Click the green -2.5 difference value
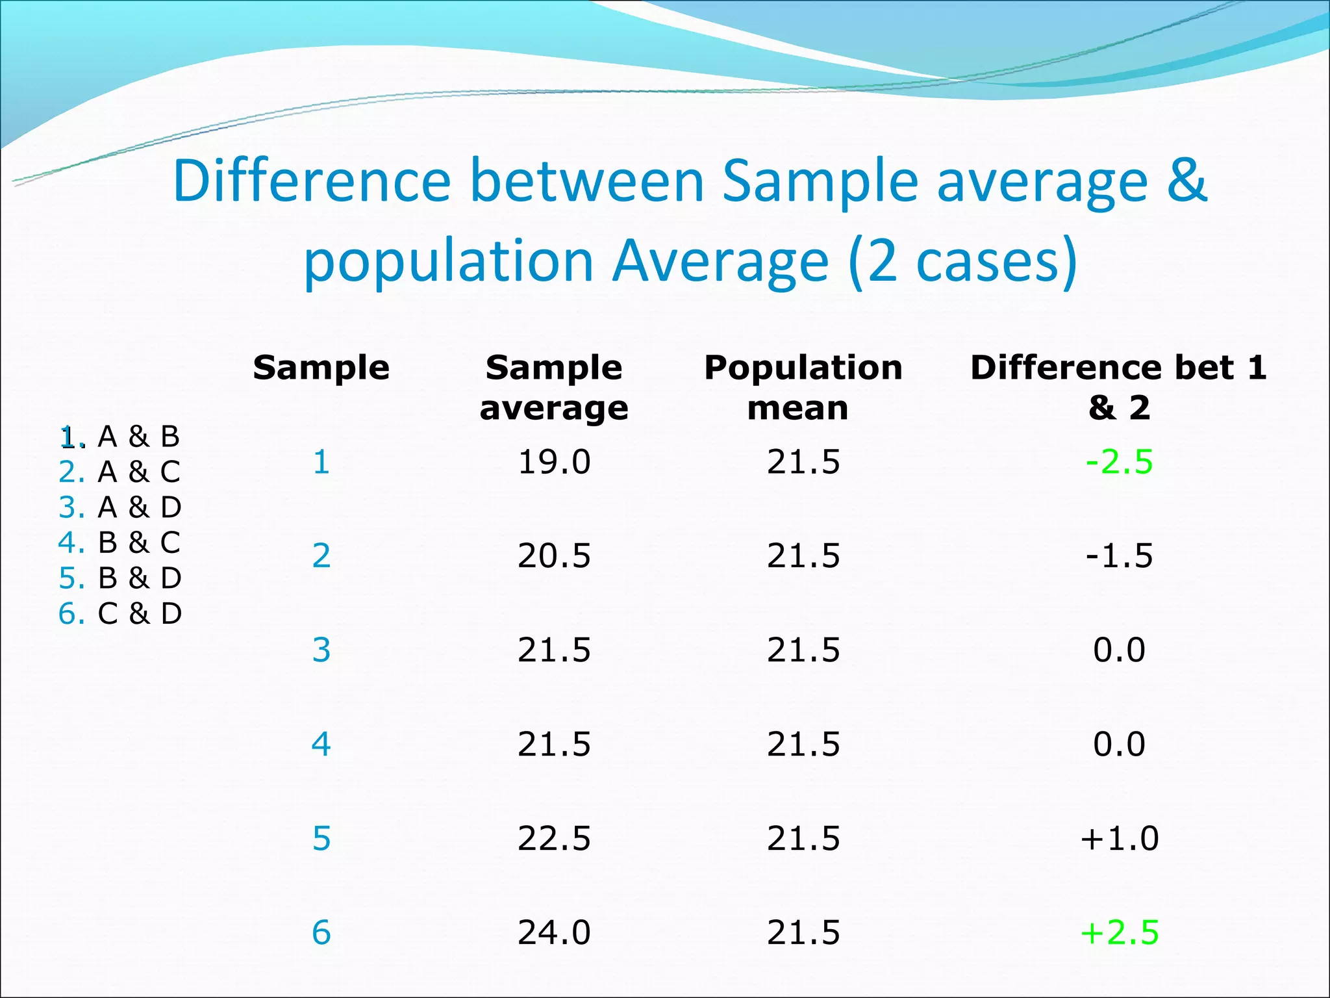1119,463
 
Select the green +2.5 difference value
1119,932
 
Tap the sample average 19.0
554,463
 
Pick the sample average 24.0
554,932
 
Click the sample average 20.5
554,556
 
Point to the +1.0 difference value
1119,838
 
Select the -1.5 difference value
1119,556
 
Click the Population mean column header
803,387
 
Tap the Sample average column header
554,387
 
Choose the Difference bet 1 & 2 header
1118,387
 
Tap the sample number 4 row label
321,744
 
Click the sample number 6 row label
321,932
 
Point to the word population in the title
449,261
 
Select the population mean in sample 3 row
803,650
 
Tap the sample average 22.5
554,838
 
